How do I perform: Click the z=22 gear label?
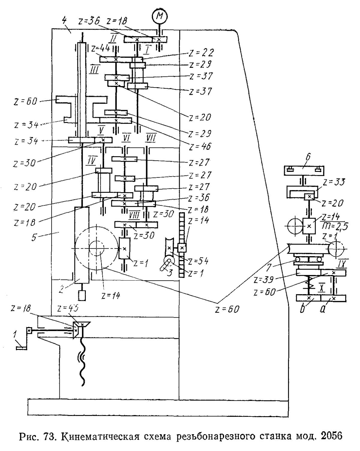201,53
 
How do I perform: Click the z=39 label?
264,280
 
